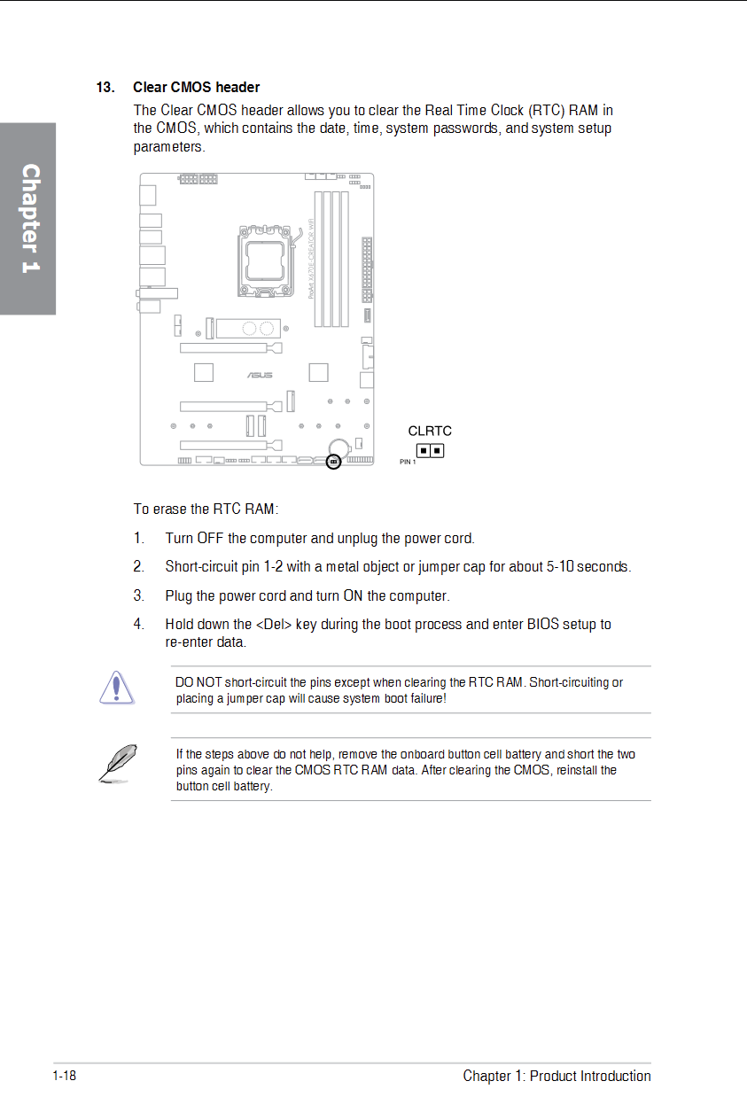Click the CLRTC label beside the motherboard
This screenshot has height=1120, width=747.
(x=430, y=431)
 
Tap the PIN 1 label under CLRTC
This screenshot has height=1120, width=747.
(x=408, y=463)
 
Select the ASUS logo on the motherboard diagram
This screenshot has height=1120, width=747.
(x=260, y=375)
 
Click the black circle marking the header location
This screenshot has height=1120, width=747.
(x=333, y=462)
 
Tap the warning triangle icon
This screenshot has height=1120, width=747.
(x=116, y=688)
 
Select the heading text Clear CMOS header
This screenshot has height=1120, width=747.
(x=196, y=87)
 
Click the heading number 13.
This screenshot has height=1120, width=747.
(x=105, y=87)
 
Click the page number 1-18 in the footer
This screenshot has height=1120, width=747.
(x=65, y=1076)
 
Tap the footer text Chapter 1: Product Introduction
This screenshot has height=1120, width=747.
(x=556, y=1076)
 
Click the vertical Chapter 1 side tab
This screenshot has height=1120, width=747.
(x=29, y=218)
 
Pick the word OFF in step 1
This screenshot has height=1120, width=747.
(x=210, y=538)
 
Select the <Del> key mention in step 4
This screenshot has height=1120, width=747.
(x=274, y=624)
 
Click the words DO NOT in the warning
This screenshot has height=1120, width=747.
(x=198, y=682)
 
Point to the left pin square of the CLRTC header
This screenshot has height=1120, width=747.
(x=424, y=450)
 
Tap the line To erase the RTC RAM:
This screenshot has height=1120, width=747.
(x=206, y=509)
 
